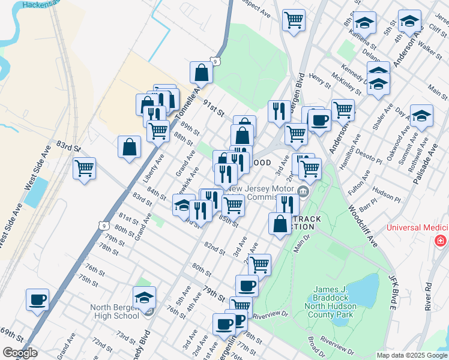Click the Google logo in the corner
coord(20,353)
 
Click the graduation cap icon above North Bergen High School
coord(144,298)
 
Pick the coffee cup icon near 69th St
coord(37,299)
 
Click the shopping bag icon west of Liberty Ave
coord(130,146)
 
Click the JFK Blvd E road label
coord(393,291)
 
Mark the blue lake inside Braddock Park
coord(359,291)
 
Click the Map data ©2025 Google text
coord(411,355)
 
